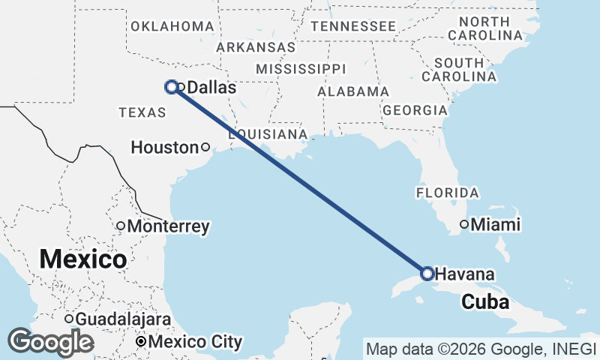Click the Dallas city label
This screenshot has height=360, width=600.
tap(211, 88)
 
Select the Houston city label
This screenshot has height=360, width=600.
tap(163, 148)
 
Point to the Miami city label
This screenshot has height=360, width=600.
tap(495, 224)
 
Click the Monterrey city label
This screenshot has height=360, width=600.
tap(168, 226)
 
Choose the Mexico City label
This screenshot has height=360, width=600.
tap(196, 343)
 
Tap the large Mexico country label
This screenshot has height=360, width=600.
tap(82, 260)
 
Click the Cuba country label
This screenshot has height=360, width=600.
tap(485, 302)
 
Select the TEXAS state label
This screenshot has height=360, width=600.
tap(142, 112)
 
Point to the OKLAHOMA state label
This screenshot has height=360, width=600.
tap(172, 26)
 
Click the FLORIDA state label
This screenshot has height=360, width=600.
tap(447, 193)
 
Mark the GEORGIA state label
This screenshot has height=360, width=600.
tap(415, 110)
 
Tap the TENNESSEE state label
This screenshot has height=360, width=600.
tap(353, 26)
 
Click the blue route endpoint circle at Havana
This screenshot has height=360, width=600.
tap(427, 273)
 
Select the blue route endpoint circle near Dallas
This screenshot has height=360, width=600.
tap(171, 86)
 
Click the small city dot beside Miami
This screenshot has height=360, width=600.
tap(464, 223)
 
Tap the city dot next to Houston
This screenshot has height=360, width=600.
tap(205, 147)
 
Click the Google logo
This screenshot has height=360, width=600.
tap(50, 342)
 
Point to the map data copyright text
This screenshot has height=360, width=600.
tap(480, 349)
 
